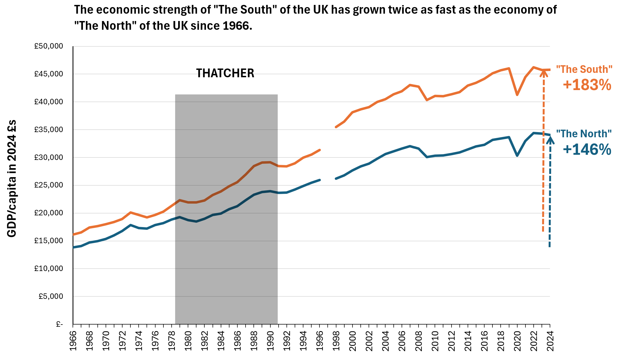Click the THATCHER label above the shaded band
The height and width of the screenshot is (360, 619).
pyautogui.click(x=225, y=73)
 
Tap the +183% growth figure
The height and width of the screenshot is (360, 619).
pyautogui.click(x=587, y=85)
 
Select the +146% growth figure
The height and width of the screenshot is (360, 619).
pyautogui.click(x=587, y=150)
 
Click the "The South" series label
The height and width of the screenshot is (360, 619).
pyautogui.click(x=584, y=69)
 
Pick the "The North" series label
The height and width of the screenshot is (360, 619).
pyautogui.click(x=584, y=134)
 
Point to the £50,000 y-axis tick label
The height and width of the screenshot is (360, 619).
pyautogui.click(x=49, y=46)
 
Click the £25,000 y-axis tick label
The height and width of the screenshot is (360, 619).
pyautogui.click(x=49, y=185)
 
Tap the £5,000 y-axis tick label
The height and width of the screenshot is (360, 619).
pyautogui.click(x=51, y=296)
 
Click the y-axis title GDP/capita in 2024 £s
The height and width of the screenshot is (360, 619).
pyautogui.click(x=12, y=179)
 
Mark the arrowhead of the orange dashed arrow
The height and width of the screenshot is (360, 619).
pyautogui.click(x=544, y=73)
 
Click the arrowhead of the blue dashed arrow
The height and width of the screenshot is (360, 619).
pyautogui.click(x=550, y=140)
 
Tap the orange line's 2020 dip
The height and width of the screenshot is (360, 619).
pyautogui.click(x=517, y=95)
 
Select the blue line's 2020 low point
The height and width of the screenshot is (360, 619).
pyautogui.click(x=517, y=156)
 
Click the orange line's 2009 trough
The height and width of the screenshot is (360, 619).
pyautogui.click(x=427, y=100)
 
